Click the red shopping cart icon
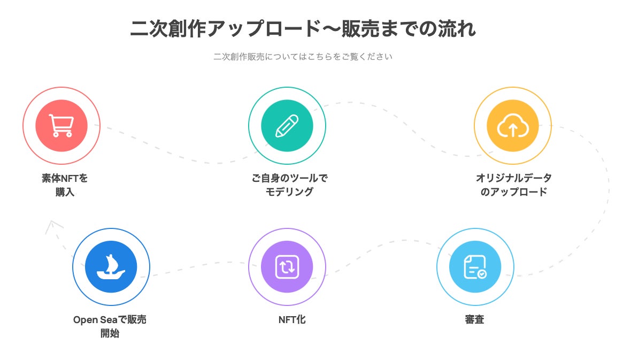pos(61,126)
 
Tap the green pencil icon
pos(287,126)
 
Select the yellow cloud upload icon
pos(512,126)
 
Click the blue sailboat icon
pos(111,266)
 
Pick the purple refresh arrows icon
pos(287,266)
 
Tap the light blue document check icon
pos(475,266)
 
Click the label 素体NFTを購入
pos(65,185)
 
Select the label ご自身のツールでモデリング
pos(289,185)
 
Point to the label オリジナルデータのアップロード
pos(513,185)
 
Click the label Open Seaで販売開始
pos(110,327)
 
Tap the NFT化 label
pos(292,320)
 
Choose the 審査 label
pos(474,320)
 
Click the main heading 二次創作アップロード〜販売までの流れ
pos(303,29)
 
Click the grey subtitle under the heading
pos(303,56)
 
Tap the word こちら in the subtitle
pos(319,56)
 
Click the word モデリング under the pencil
pos(289,192)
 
